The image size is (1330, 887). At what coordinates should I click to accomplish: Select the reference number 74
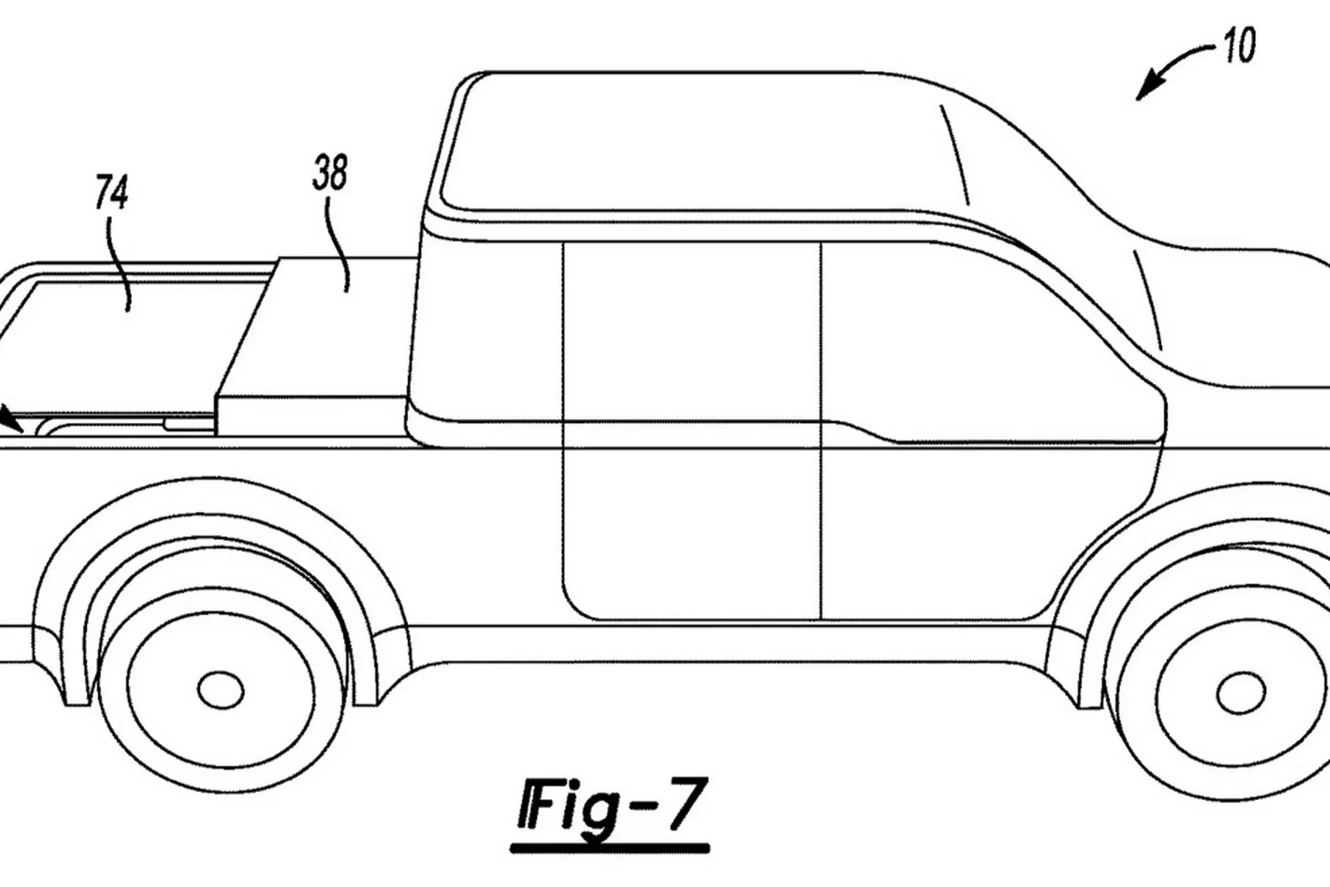[111, 192]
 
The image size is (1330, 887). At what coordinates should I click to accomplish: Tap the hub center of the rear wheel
[221, 690]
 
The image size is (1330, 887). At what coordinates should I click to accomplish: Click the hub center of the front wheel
[1241, 693]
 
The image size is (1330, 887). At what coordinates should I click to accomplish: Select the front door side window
[961, 339]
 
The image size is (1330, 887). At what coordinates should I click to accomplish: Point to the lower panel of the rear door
[690, 532]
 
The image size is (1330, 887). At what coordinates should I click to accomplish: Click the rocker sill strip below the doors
[724, 644]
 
